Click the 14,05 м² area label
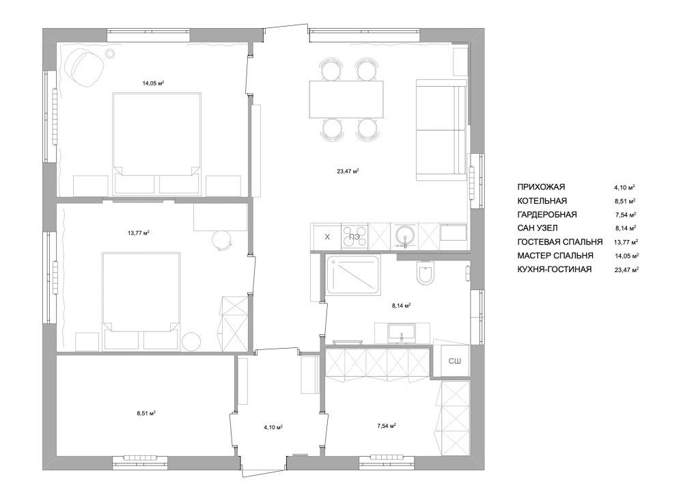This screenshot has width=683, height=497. pos(153,83)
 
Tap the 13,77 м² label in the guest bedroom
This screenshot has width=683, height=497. pos(139,233)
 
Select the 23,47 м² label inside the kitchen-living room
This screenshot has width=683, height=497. pos(348,172)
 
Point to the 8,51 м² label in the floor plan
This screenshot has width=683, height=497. pos(146,414)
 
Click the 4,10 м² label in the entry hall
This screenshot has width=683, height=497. pos(274,427)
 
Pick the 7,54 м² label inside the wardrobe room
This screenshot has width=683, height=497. pos(387,425)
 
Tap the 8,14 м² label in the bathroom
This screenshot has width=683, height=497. pos(401,306)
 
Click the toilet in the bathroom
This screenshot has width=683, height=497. pos(425,273)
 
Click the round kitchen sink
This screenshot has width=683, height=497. pos(405,236)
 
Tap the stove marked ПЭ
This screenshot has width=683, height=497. pos(354,237)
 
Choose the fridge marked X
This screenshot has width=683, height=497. pos(327,237)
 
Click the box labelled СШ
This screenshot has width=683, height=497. pos(455,361)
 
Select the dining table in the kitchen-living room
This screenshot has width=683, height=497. pos(346,99)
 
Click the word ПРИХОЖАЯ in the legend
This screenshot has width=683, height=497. pos(541,187)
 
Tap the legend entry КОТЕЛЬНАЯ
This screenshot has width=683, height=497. pos(542,201)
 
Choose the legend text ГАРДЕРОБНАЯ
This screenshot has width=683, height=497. pos(546,215)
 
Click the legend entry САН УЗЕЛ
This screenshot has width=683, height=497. pos(537,228)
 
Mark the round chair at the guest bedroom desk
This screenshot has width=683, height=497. pos(223,240)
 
